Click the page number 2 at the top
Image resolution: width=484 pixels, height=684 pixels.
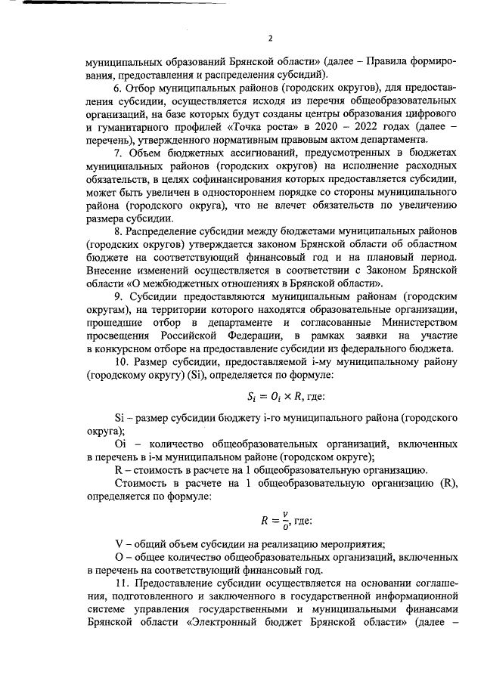coord(270,37)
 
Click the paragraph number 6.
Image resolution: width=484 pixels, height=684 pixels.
coord(117,89)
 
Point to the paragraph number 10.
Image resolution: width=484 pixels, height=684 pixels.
coord(119,363)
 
